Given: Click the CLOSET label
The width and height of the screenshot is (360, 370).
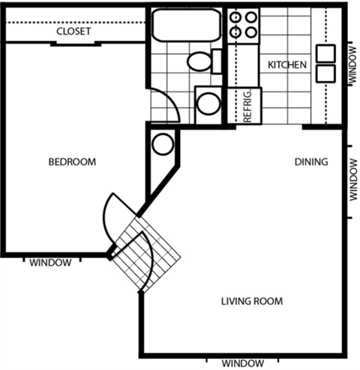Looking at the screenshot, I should click(73, 32).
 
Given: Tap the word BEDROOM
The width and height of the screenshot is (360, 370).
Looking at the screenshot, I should click(73, 162).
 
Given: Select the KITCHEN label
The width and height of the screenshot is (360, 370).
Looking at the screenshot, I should click(287, 65).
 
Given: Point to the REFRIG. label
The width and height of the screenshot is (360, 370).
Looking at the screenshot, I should click(247, 106).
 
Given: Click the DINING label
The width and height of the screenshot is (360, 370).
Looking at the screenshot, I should click(310, 162).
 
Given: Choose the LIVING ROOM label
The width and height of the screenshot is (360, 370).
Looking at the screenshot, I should click(251, 302).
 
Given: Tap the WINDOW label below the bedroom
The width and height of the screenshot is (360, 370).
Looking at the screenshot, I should click(50, 263).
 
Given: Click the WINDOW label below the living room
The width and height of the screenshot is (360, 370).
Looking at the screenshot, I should click(243, 363).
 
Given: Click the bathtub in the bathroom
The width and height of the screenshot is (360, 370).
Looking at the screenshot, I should click(186, 27).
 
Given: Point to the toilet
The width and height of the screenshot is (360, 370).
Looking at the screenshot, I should click(202, 61).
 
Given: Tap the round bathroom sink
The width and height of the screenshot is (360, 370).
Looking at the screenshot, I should click(208, 104).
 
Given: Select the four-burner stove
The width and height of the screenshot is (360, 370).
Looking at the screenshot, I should click(244, 25).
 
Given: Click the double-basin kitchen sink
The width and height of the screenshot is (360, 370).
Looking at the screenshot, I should click(325, 63).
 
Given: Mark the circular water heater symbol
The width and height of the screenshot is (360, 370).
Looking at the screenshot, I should click(160, 144).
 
